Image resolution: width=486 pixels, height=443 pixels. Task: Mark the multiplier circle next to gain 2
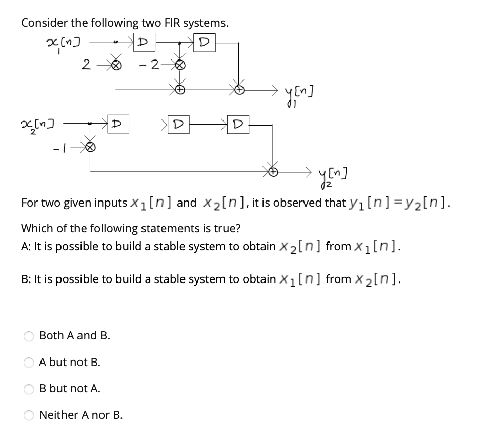[x=116, y=65]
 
